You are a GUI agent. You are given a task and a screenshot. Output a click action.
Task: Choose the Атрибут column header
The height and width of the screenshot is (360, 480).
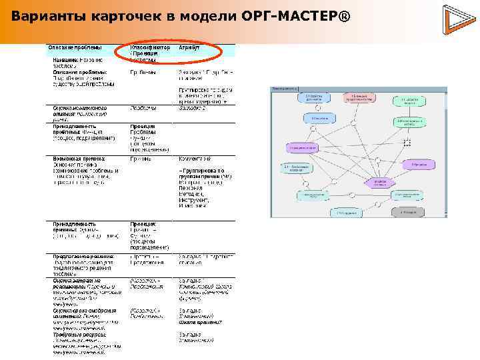click(189, 49)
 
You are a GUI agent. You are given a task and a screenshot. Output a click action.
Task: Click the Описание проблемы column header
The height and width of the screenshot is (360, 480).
click(74, 49)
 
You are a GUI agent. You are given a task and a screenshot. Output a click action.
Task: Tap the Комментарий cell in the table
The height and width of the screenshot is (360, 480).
click(195, 159)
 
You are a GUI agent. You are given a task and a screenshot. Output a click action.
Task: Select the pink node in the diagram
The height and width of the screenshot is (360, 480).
click(358, 97)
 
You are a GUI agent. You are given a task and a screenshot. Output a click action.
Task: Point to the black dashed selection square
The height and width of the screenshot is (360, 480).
click(407, 142)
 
